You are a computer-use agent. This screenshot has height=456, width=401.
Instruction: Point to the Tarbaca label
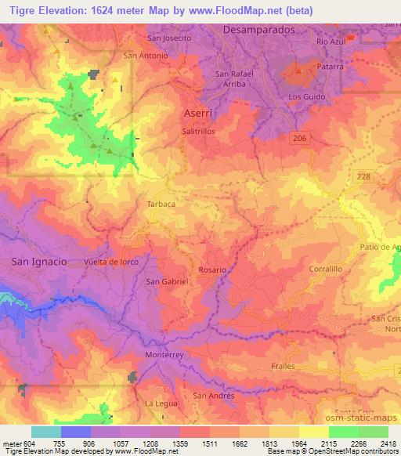pos(161,203)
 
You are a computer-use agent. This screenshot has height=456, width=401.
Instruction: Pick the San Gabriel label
pos(164,283)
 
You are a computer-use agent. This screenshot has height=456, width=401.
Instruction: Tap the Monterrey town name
pos(164,355)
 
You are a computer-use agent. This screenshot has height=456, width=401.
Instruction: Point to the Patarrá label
pos(330,67)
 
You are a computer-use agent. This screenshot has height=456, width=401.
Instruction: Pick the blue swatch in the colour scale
pos(75,432)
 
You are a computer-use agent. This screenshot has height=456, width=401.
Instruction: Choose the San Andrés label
pos(214,396)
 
